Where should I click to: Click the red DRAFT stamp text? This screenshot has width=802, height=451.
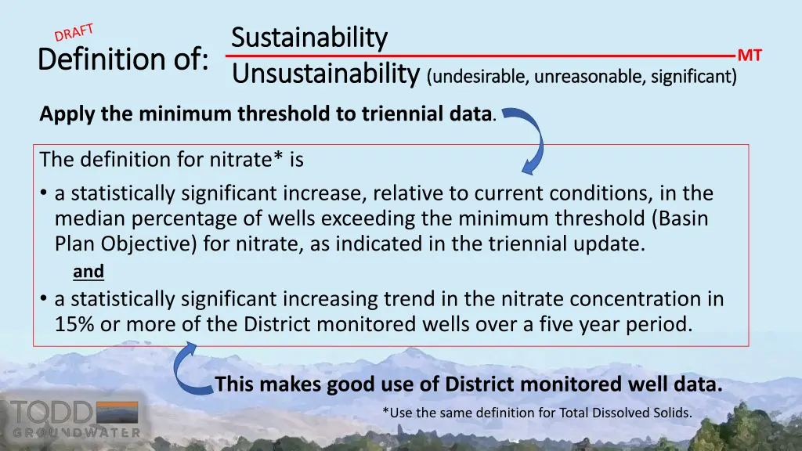click(x=74, y=33)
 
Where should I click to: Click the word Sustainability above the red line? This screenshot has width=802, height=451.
click(x=309, y=37)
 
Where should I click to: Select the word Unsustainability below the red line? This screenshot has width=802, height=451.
click(x=325, y=74)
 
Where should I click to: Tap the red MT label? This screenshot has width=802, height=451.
click(x=750, y=56)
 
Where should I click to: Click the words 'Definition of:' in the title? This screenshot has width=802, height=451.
click(x=124, y=59)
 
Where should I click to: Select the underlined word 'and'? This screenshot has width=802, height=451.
click(x=88, y=272)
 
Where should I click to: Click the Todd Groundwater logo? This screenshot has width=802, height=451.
click(x=74, y=418)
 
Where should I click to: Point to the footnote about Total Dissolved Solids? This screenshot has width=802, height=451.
click(x=537, y=413)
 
